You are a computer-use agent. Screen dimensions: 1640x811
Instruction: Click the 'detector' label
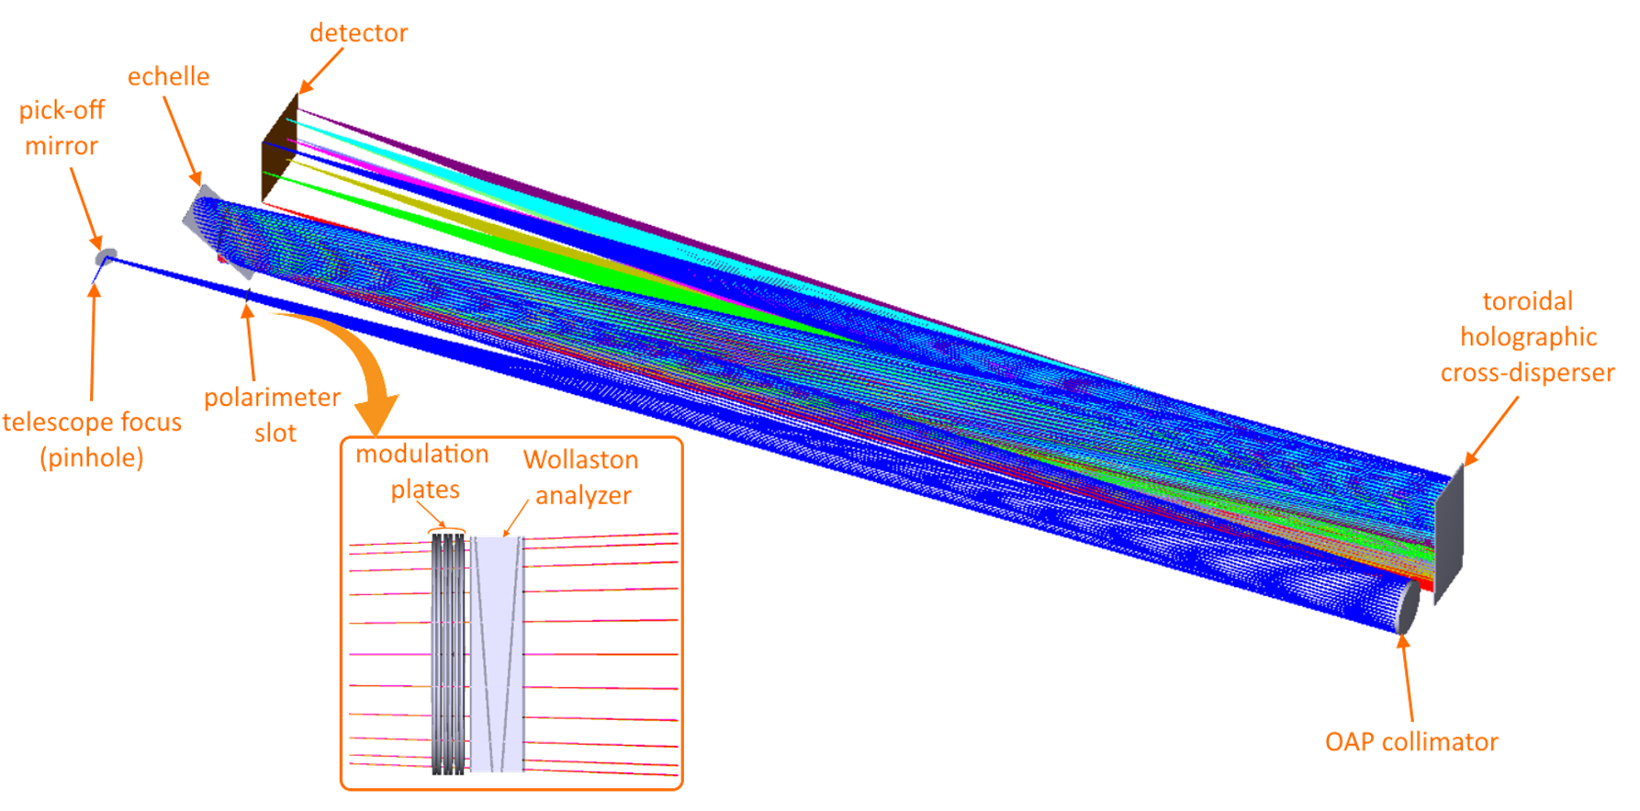[358, 33]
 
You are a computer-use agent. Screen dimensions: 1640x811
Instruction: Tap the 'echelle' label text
[168, 76]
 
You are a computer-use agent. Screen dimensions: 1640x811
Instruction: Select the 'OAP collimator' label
[1411, 742]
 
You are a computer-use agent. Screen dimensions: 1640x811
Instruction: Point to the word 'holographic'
[1528, 337]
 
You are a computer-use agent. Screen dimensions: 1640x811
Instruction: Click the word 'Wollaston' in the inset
[580, 459]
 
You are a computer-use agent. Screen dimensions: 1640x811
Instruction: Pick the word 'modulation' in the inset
[421, 454]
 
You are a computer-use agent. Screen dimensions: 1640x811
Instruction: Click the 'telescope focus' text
[92, 422]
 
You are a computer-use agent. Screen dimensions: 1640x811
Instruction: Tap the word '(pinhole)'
[92, 457]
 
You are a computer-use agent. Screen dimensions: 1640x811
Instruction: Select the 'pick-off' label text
[62, 111]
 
